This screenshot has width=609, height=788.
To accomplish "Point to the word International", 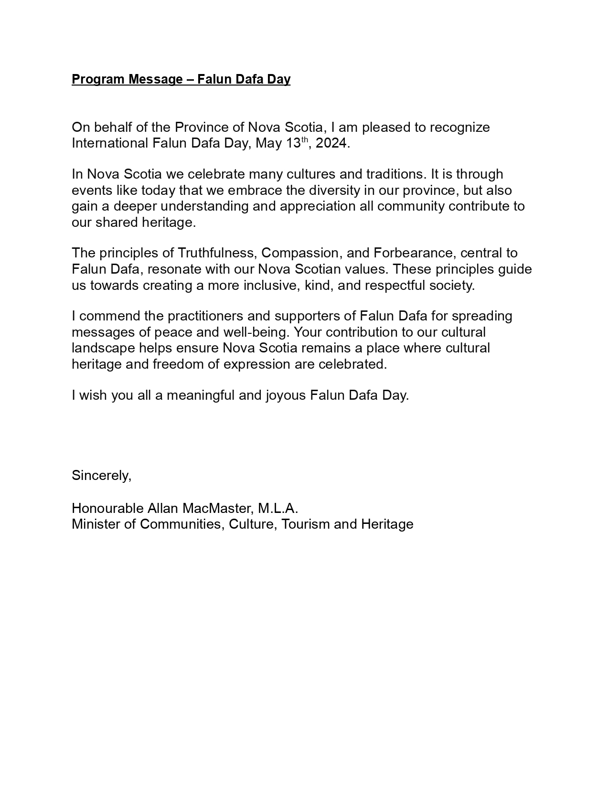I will [x=110, y=143].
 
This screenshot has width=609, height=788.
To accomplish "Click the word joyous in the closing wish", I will [x=286, y=395].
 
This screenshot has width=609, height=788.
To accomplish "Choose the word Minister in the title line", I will [x=96, y=524].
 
